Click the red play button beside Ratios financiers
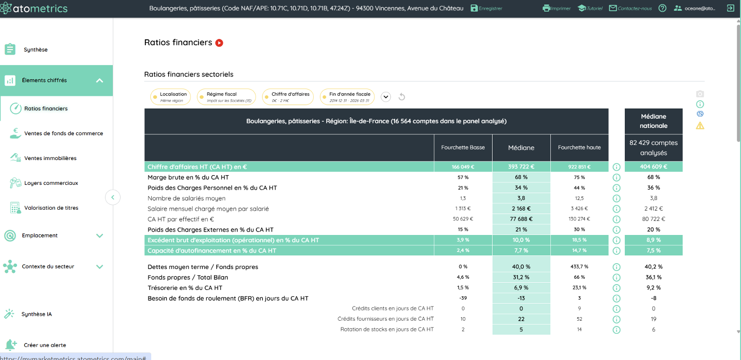(219, 43)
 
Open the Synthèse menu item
(35, 50)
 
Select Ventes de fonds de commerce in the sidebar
(64, 133)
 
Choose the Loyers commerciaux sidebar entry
(51, 183)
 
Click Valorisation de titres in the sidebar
(51, 208)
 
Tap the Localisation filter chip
(170, 97)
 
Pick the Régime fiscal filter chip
(226, 97)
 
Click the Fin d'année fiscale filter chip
(347, 97)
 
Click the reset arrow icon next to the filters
(402, 97)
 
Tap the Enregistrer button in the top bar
(486, 8)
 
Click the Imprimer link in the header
(556, 8)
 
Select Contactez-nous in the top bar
(631, 8)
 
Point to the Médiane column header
(521, 147)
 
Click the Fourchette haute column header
(579, 147)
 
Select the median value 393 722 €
(521, 167)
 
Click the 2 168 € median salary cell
(521, 208)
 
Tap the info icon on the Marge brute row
(617, 178)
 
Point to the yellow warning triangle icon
(700, 126)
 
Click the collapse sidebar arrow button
(113, 198)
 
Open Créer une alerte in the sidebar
(45, 345)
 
